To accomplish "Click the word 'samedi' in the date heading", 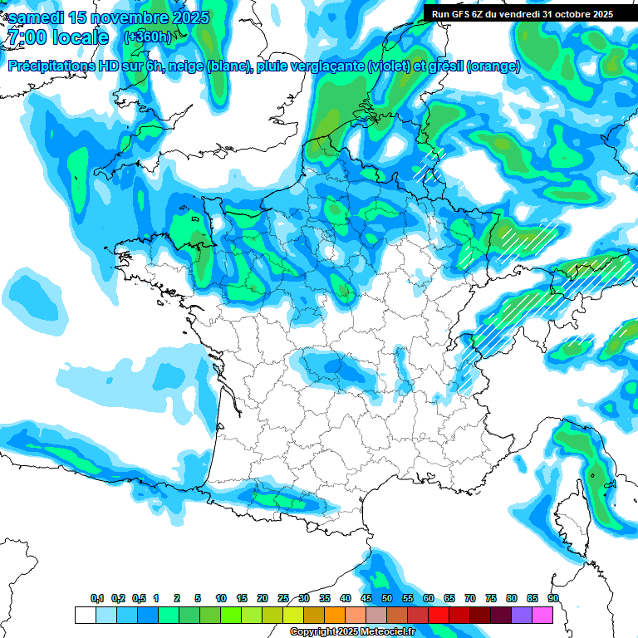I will click(37, 17).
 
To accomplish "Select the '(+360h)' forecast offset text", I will click(148, 37).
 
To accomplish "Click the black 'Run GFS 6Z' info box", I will click(521, 13).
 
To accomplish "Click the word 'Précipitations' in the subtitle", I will click(52, 66).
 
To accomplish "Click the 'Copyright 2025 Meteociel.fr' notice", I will click(352, 632).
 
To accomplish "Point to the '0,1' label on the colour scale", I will click(97, 599).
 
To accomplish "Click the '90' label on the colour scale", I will click(553, 599).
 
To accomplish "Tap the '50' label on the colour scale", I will click(387, 599).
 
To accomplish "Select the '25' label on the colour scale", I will click(283, 599).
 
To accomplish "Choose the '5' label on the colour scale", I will click(198, 599).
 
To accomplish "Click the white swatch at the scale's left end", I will click(85, 615).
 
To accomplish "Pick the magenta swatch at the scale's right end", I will click(543, 615).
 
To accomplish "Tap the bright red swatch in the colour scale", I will click(439, 615).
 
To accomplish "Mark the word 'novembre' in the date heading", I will click(135, 17).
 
